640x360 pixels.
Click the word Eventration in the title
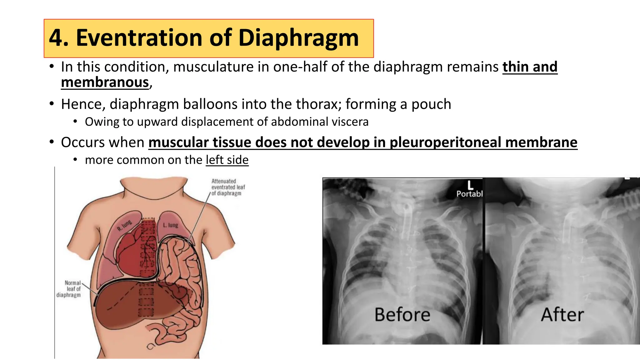click(139, 38)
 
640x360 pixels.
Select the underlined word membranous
click(105, 82)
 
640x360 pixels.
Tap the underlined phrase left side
click(227, 160)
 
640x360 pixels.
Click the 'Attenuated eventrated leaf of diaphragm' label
click(228, 187)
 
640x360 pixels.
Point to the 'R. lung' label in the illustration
click(125, 225)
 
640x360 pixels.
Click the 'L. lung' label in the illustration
click(171, 225)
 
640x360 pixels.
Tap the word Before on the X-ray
click(402, 314)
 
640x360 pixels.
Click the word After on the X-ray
click(562, 314)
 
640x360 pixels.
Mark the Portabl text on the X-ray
click(469, 194)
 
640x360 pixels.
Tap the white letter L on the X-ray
click(470, 185)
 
